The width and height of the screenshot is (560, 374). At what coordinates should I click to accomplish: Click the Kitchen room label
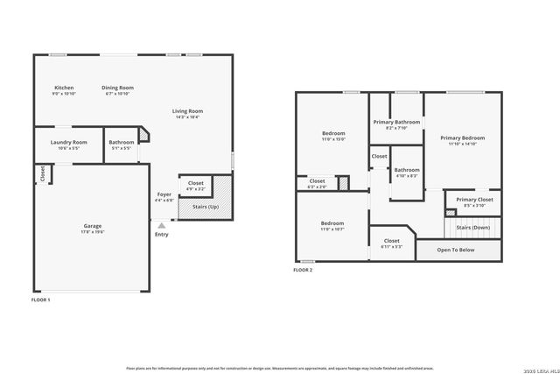click(64, 88)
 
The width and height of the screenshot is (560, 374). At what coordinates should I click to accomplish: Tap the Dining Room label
click(117, 88)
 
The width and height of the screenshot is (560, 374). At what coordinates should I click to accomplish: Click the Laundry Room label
click(67, 142)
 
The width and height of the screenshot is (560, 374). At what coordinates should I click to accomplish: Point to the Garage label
click(92, 226)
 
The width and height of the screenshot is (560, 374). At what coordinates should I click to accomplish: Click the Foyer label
click(164, 194)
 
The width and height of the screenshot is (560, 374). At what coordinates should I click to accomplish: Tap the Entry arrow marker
click(161, 225)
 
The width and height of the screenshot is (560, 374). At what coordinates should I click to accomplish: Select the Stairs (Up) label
click(205, 207)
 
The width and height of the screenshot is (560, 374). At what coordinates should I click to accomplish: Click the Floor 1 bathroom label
click(122, 142)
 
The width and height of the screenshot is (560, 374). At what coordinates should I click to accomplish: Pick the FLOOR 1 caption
click(41, 300)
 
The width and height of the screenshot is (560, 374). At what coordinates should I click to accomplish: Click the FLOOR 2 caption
click(303, 270)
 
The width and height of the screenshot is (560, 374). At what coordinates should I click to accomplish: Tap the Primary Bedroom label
click(462, 138)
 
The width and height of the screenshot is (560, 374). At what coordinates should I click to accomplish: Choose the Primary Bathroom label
click(396, 122)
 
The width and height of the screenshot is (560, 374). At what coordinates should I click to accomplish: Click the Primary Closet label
click(474, 200)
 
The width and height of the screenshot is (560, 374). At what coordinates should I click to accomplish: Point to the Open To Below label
click(456, 250)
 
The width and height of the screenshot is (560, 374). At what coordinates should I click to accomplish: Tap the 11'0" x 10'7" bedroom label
click(332, 223)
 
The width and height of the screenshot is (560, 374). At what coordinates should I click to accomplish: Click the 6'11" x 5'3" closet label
click(391, 240)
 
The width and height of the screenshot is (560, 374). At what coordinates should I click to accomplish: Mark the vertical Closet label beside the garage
click(41, 173)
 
